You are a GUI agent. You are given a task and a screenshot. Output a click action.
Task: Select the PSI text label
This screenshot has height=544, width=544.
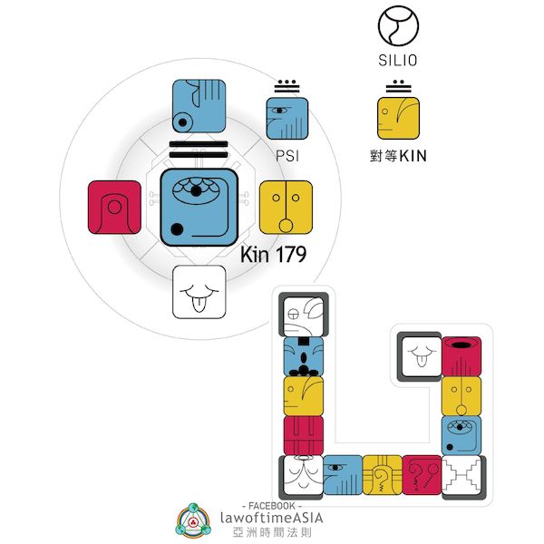287,155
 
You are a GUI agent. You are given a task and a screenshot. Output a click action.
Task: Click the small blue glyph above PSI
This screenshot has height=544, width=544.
287,118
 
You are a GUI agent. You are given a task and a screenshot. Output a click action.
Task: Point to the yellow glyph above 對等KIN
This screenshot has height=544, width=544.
398,118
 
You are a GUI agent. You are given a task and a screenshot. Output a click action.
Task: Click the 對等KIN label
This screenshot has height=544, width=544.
399,155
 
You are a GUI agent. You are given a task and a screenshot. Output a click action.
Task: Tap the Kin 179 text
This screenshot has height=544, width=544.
273,255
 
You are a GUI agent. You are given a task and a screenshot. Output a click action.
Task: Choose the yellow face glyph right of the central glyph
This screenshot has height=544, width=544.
286,208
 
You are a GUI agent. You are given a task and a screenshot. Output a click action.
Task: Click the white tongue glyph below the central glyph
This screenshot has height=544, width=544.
199,292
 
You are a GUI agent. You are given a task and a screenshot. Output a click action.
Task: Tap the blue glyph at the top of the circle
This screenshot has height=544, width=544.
199,107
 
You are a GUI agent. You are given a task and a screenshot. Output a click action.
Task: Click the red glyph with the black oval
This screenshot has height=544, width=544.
461,356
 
